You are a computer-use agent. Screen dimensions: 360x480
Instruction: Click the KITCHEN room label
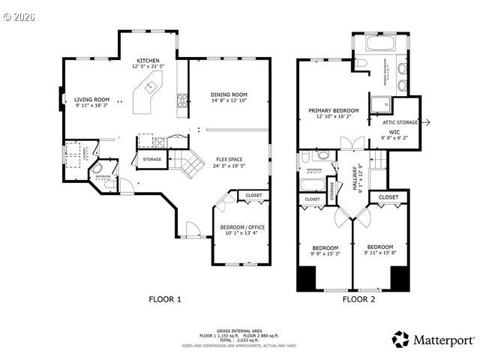pyautogui.click(x=148, y=60)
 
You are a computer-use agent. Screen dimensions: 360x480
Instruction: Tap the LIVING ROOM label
pyautogui.click(x=91, y=100)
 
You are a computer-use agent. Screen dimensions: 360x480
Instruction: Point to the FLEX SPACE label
pyautogui.click(x=229, y=159)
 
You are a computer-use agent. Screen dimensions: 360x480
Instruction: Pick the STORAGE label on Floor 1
pyautogui.click(x=151, y=160)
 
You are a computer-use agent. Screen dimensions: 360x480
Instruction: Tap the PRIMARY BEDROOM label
pyautogui.click(x=334, y=110)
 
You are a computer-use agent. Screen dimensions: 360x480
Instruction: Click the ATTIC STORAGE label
pyautogui.click(x=400, y=121)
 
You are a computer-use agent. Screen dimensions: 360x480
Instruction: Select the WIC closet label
pyautogui.click(x=393, y=132)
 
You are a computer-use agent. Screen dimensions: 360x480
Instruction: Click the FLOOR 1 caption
pyautogui.click(x=164, y=299)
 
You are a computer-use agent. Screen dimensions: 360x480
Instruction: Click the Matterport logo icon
pyautogui.click(x=401, y=339)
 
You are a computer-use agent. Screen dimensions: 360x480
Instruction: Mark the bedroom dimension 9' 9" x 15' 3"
pyautogui.click(x=325, y=254)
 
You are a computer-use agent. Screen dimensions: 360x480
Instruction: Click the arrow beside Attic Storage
pyautogui.click(x=425, y=121)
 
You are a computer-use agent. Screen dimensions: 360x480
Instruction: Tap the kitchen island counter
pyautogui.click(x=148, y=88)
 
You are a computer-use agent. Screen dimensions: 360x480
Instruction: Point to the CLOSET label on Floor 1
pyautogui.click(x=253, y=196)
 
